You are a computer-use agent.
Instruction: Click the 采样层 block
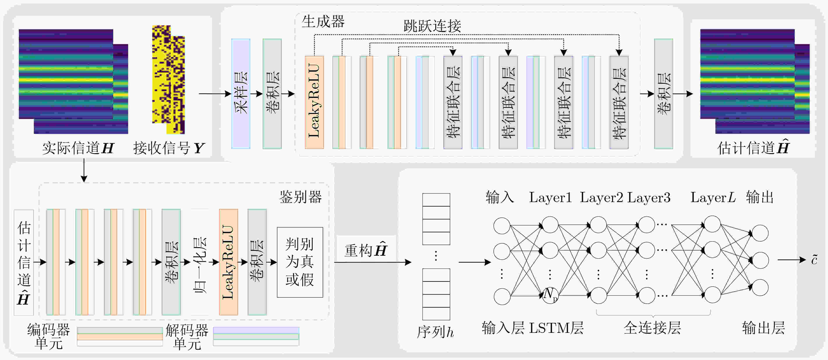coord(241,94)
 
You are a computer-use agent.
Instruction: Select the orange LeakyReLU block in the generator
coord(314,102)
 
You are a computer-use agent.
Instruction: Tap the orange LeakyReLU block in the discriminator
coord(228,262)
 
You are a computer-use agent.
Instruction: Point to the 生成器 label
coord(323,21)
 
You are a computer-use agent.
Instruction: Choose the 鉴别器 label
coord(300,197)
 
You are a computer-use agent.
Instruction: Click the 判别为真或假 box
coord(300,262)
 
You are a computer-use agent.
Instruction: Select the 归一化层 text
coord(200,265)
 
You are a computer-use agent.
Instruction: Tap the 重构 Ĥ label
coord(366,250)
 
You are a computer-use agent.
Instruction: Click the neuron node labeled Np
coord(550,295)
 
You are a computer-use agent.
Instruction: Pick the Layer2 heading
coord(601,197)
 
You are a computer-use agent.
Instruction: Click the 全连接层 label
coord(653,328)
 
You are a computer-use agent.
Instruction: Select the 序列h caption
coord(435,332)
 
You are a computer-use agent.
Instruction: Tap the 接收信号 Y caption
coord(169,148)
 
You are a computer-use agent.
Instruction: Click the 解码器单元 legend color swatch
coord(256,336)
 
